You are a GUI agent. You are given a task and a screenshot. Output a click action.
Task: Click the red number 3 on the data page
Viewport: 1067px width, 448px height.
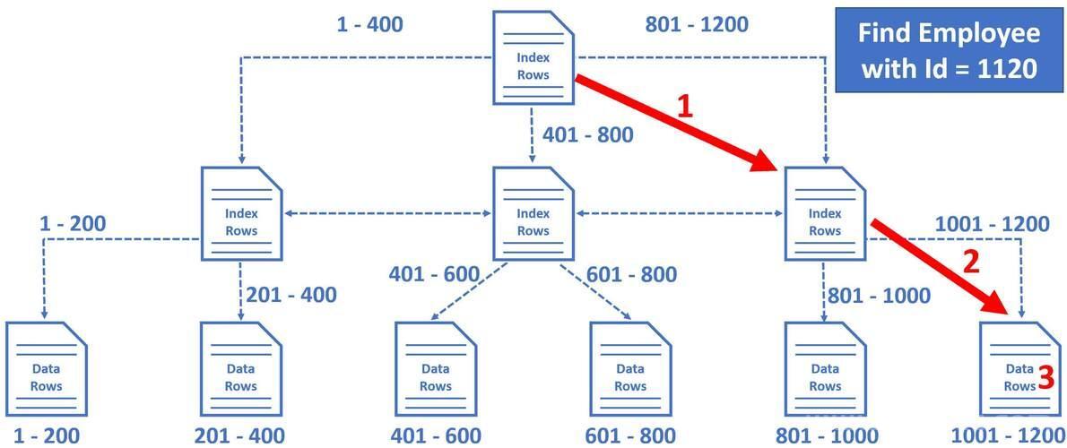1047,375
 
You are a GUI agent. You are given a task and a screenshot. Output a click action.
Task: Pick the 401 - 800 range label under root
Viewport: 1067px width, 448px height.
587,135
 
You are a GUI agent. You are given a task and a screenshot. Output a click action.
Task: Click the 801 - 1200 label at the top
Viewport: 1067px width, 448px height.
696,24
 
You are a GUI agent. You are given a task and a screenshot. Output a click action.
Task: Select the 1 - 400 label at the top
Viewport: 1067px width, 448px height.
369,24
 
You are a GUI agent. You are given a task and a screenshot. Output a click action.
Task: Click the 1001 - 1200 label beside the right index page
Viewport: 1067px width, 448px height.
993,224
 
